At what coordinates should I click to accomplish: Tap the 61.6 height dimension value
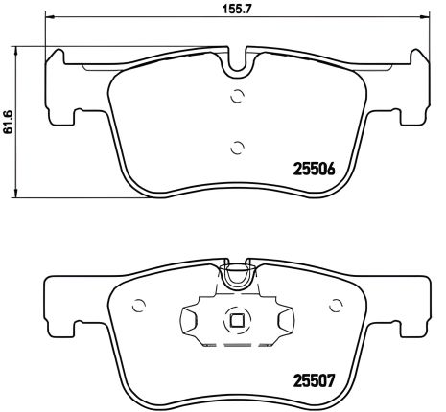tap(10, 121)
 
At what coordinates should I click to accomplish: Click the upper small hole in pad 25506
tap(237, 95)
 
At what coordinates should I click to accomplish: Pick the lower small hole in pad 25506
tap(237, 146)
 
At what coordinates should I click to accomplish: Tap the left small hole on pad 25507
tap(139, 307)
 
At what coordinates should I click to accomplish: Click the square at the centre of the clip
tap(237, 323)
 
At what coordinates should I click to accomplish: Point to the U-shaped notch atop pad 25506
tap(237, 65)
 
